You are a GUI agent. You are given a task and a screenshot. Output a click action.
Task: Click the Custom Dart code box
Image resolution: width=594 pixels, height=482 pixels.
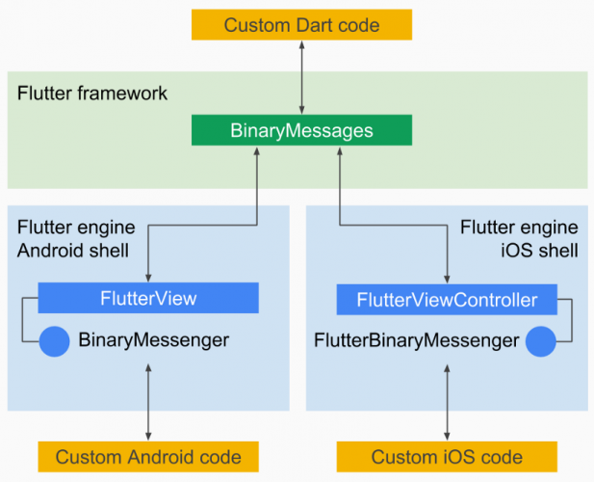point(301,24)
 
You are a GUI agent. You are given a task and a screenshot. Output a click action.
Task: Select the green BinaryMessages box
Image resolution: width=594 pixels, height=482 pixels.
point(301,130)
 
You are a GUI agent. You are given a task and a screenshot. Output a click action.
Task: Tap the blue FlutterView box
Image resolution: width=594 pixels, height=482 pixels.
point(148,298)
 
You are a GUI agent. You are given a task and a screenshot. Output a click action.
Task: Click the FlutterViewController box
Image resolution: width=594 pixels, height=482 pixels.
point(447,299)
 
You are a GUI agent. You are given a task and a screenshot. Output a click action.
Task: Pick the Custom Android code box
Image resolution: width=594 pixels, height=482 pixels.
point(148,456)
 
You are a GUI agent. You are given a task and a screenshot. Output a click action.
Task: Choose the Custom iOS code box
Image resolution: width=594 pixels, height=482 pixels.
point(447,456)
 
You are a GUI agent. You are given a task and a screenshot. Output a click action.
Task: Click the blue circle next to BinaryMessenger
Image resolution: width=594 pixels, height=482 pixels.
point(55,340)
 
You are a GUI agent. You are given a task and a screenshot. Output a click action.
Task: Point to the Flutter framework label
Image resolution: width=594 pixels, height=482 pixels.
point(92,94)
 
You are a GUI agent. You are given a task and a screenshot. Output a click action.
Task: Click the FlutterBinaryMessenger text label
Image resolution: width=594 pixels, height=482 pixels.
point(416,340)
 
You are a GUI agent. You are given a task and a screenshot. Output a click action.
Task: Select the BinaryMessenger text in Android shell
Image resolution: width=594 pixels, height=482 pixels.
point(154,340)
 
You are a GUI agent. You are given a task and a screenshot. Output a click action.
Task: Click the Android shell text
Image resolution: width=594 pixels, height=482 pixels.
point(76,251)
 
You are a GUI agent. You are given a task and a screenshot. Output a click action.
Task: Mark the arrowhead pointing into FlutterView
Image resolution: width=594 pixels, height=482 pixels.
point(148,277)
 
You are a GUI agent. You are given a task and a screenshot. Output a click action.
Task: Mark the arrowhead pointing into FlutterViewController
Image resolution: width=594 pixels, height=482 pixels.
point(447,278)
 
